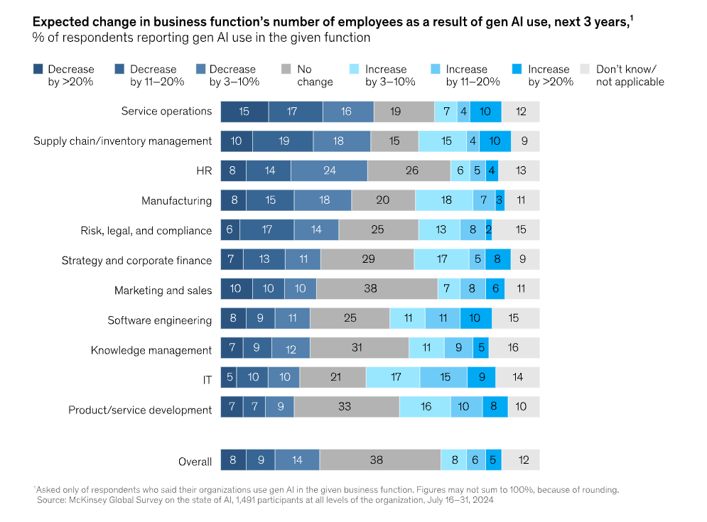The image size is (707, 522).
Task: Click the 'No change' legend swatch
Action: (286, 69)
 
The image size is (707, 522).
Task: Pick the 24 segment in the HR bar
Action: (329, 170)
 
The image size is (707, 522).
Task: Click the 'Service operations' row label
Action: (166, 111)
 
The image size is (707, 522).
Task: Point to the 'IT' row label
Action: (207, 380)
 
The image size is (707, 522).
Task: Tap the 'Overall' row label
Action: (195, 462)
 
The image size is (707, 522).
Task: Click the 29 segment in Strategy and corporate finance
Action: (367, 260)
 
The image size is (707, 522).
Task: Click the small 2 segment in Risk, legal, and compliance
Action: (489, 230)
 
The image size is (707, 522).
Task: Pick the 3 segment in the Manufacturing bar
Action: (500, 200)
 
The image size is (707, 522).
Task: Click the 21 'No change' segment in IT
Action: (333, 377)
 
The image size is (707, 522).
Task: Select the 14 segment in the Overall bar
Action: (297, 460)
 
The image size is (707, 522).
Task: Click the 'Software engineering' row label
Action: (159, 320)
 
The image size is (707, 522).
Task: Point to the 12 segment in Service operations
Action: (520, 112)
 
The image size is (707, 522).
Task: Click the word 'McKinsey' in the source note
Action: (93, 500)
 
